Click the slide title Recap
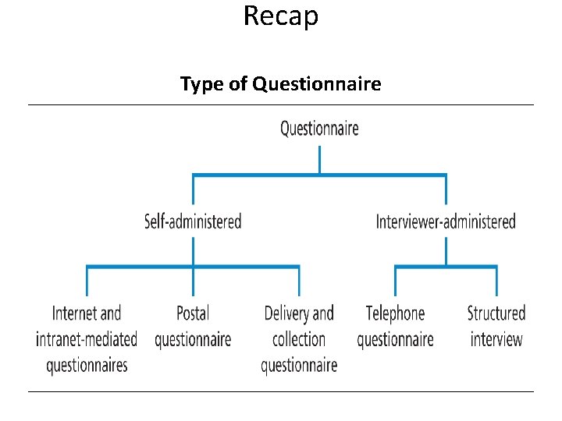[281, 16]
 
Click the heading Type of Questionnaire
[281, 83]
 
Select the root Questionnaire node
[319, 128]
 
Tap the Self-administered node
[193, 221]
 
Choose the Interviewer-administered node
[446, 221]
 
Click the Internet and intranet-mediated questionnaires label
[87, 339]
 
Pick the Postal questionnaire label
[193, 326]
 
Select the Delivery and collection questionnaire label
[299, 339]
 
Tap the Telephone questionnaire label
[395, 326]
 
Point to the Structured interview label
[496, 326]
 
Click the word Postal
[193, 313]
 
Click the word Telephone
[395, 313]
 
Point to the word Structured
[496, 313]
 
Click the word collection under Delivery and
[299, 339]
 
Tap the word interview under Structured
[496, 339]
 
